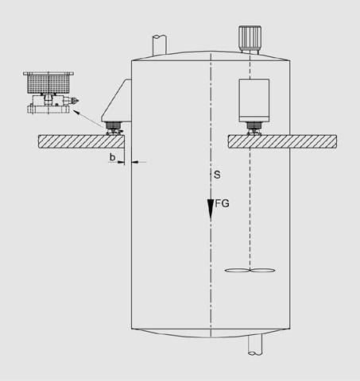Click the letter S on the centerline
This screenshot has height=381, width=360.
[217, 175]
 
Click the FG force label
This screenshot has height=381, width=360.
[222, 203]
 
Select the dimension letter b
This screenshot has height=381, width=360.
[113, 157]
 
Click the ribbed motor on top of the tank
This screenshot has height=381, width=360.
[250, 38]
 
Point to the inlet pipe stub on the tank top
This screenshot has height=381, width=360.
[160, 45]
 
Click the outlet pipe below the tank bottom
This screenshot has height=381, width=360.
[255, 344]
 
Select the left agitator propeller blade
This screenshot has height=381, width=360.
[238, 271]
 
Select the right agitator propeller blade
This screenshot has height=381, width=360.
[262, 271]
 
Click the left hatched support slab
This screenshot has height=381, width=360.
[81, 141]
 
